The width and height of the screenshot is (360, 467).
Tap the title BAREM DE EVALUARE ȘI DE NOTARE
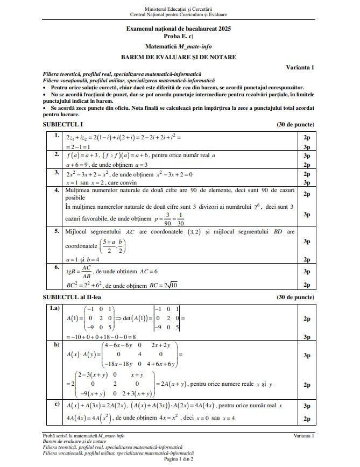pos(178,57)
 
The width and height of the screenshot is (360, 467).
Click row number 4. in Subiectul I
pos(57,190)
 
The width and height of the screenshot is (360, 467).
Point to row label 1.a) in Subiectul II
pos(55,308)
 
